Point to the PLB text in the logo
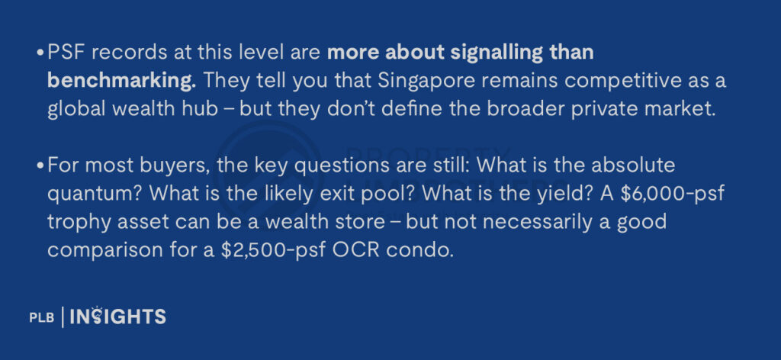click(x=40, y=318)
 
